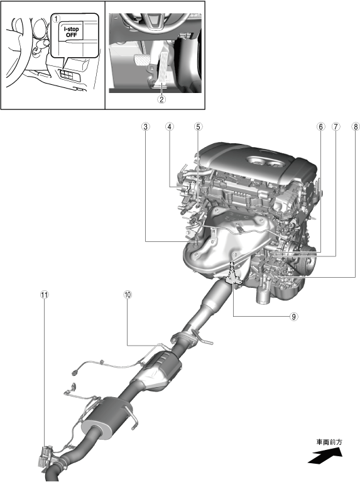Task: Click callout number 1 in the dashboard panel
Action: pos(56,18)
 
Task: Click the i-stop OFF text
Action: pos(72,32)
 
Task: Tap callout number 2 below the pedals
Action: pos(161,99)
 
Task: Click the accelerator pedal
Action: pos(164,68)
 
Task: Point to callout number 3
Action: pos(145,126)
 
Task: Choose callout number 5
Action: pos(199,126)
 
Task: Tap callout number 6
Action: pos(320,126)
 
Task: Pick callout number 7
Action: pos(335,126)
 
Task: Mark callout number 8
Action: pos(356,126)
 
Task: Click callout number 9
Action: pos(293,316)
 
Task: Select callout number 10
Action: pos(128,295)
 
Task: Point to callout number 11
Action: pos(44,295)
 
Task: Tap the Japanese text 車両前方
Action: pos(329,442)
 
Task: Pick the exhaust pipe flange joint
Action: pos(184,339)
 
